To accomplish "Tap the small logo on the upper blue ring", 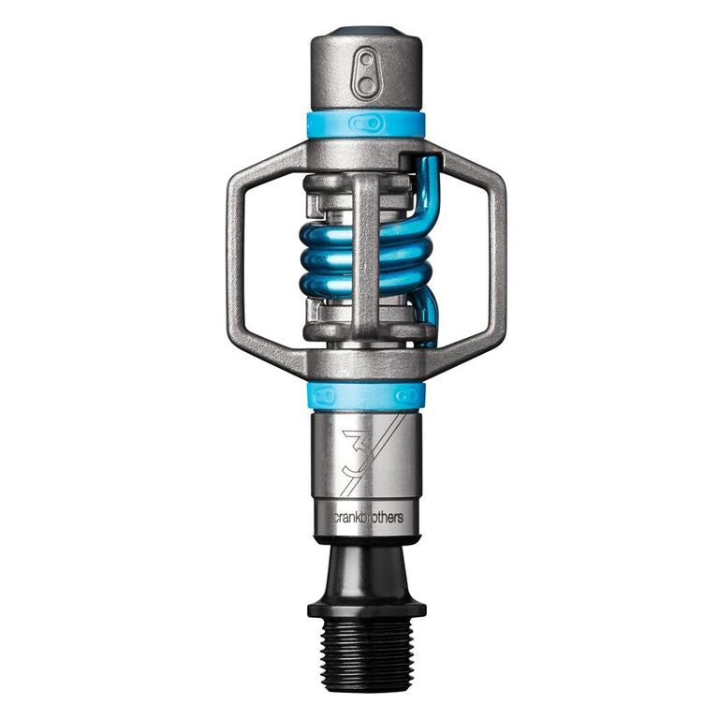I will (x=365, y=123).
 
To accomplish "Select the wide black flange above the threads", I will (x=366, y=609).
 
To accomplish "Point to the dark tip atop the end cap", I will (x=366, y=33).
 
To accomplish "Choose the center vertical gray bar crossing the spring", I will (x=366, y=253).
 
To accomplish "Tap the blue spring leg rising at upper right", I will (x=429, y=187).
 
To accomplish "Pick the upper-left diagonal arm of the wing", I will (x=267, y=161).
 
